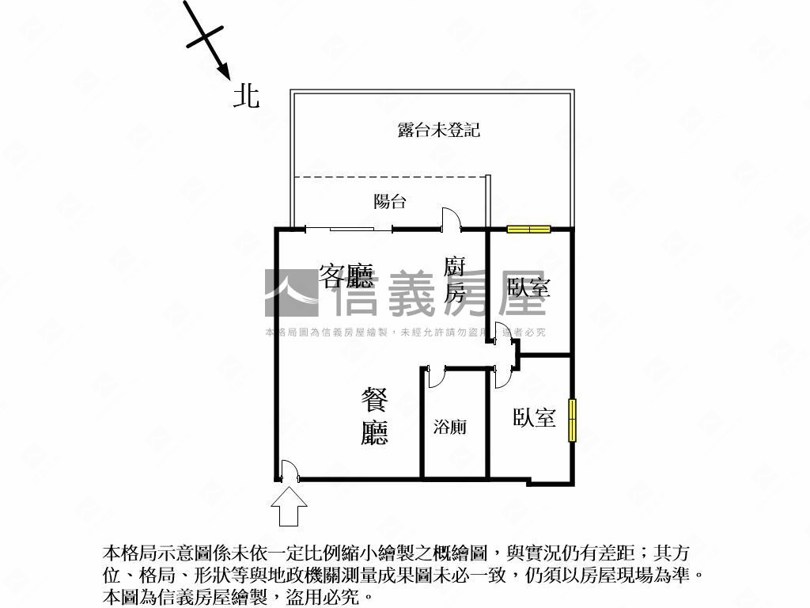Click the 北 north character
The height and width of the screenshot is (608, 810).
pos(246,96)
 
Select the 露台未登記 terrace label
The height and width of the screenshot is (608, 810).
pos(438,130)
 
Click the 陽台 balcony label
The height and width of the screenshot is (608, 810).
pos(389,201)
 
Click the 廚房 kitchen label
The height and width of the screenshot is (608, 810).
pos(454,279)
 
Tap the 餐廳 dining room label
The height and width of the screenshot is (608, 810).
pos(374,416)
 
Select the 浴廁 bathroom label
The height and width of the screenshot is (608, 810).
pos(449,427)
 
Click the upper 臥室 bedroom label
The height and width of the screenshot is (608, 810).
pos(528,287)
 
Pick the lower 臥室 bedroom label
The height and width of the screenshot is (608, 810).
pos(534,417)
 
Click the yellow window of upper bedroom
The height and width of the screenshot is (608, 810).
pos(528,230)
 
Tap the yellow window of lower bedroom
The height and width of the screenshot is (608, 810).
pos(572,420)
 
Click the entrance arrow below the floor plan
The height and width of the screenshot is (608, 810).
pos(290,506)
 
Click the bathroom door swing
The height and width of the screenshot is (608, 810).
pos(435,376)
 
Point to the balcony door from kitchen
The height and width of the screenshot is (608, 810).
pos(449,219)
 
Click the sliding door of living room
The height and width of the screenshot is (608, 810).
pos(349,230)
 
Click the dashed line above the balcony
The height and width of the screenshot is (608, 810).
pos(388,177)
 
